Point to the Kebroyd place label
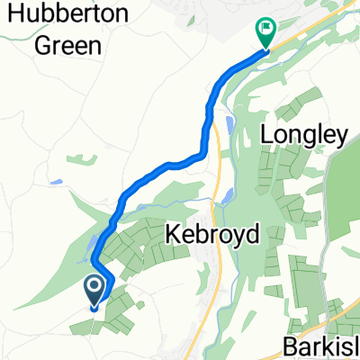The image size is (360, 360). pos(213,235)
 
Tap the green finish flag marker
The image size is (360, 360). pos(265,32)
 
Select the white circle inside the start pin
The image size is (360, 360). pos(94,287)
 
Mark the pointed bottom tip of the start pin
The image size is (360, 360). pos(94,305)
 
